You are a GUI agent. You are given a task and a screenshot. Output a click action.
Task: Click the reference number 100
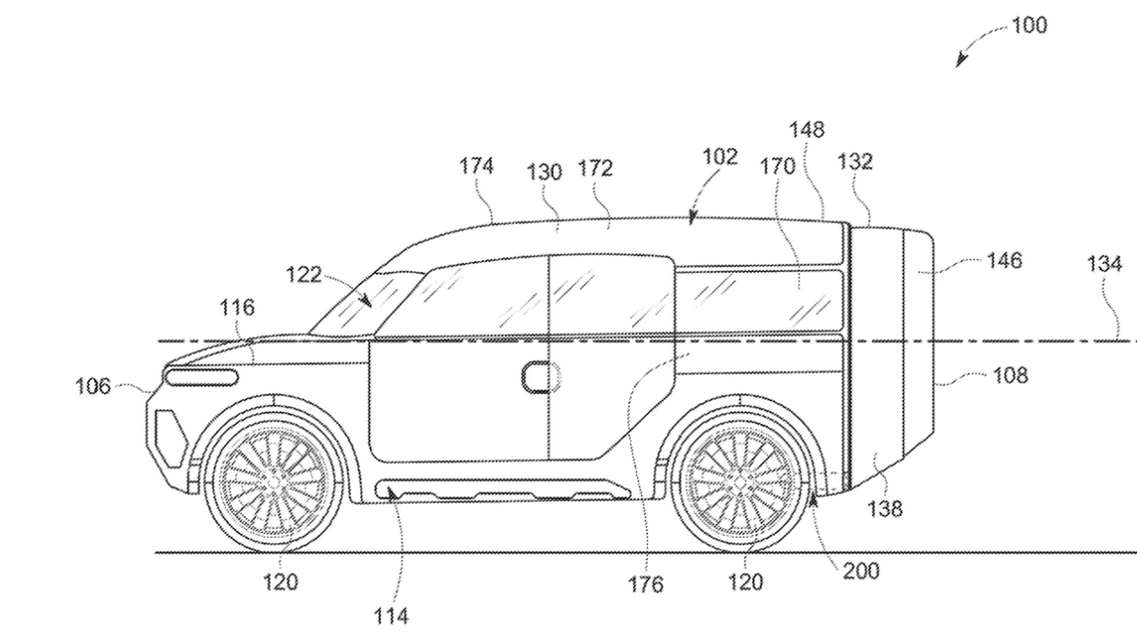tap(1029, 25)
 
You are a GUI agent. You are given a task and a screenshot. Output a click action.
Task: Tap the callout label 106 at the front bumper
tap(93, 387)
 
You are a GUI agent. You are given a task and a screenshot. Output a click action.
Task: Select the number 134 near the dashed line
tap(1104, 264)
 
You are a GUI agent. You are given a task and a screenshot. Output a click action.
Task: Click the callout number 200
tap(861, 571)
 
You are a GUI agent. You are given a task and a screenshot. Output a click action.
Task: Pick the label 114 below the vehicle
tap(391, 617)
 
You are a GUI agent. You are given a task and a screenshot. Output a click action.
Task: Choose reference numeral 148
tap(807, 130)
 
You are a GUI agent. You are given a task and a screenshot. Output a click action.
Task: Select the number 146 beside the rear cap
tap(1005, 261)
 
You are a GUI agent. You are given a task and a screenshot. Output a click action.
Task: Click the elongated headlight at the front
tap(201, 378)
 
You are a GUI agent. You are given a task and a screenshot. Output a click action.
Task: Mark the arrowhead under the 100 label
tap(961, 61)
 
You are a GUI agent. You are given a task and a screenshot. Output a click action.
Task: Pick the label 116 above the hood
tap(237, 308)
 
